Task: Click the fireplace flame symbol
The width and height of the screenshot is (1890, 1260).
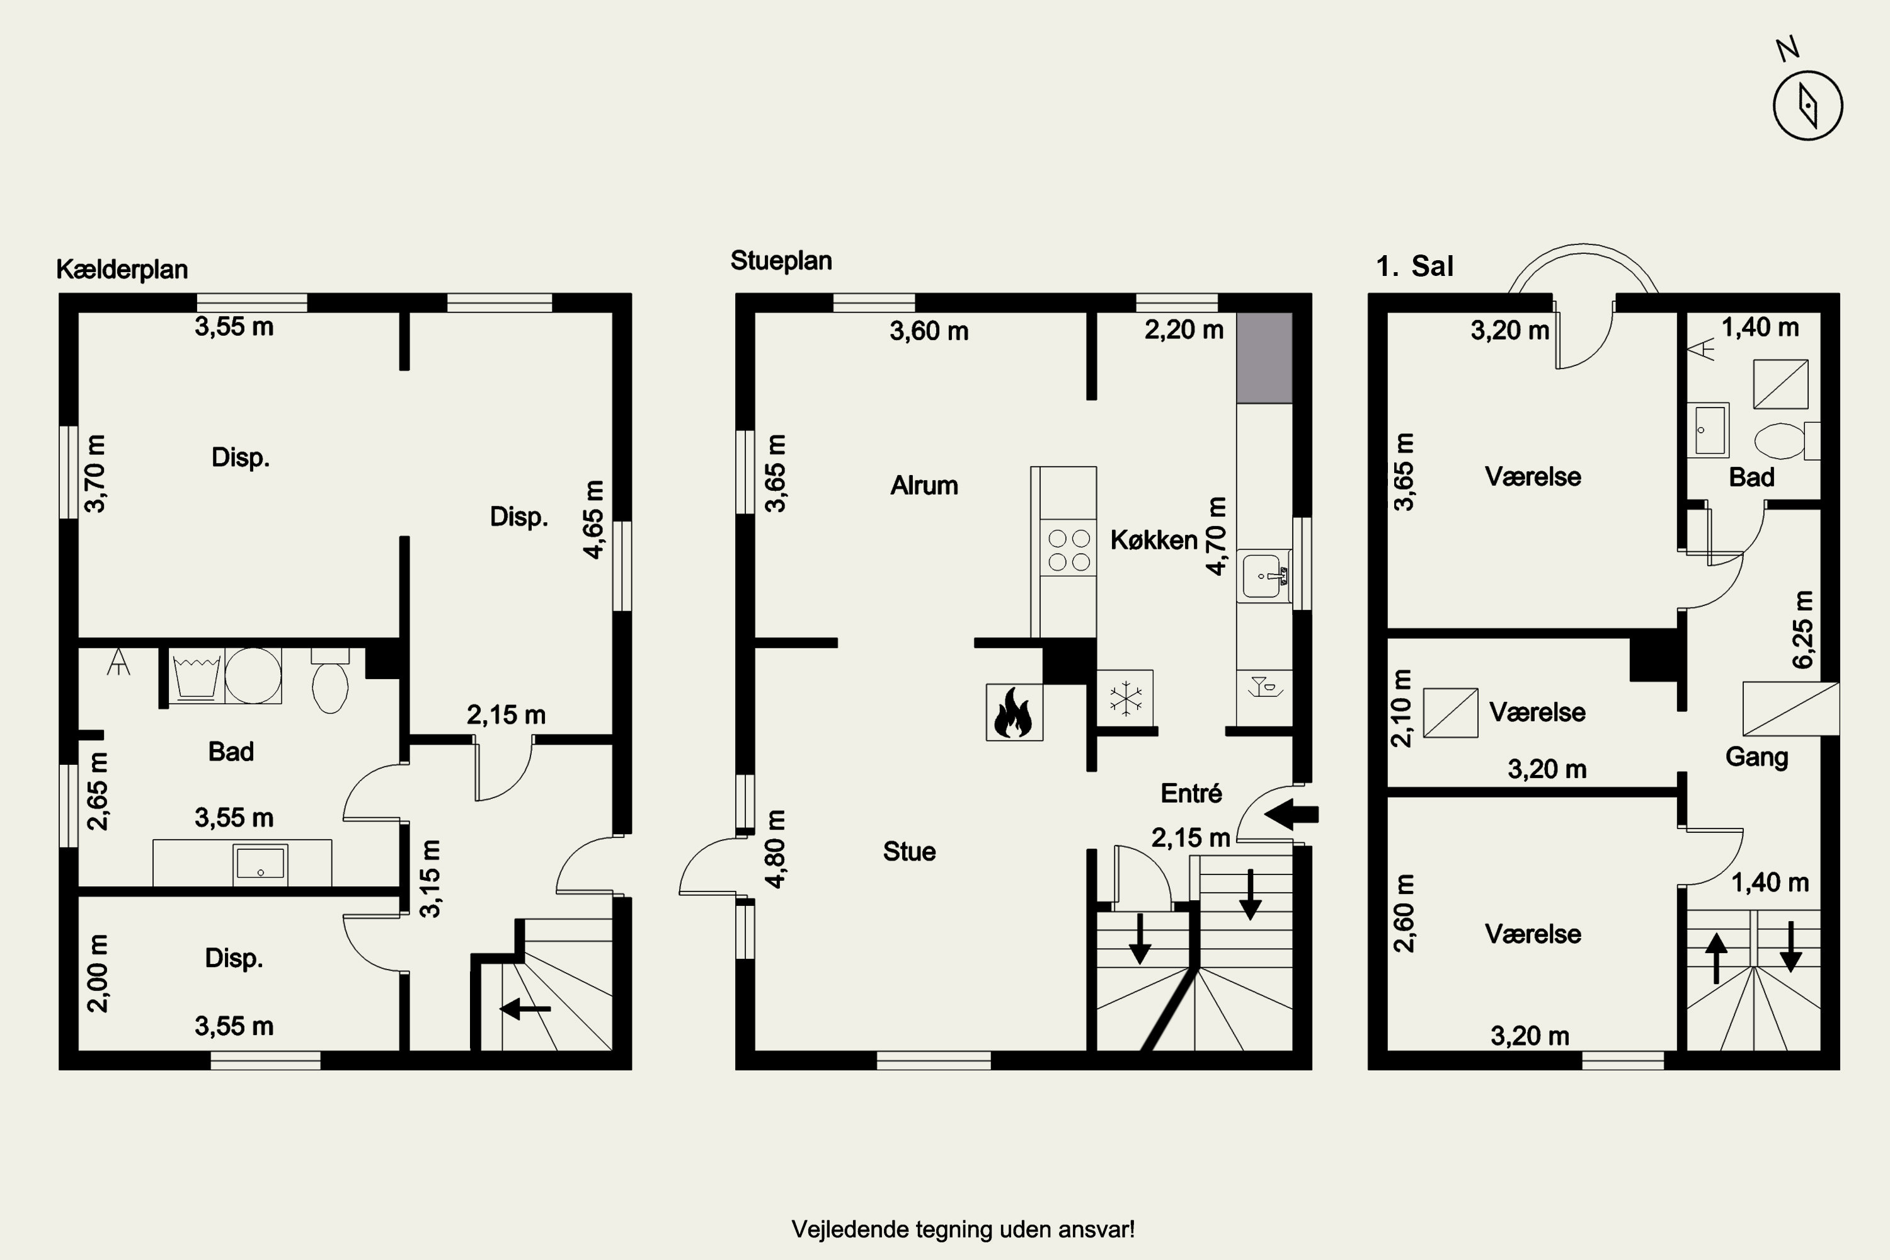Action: tap(1014, 712)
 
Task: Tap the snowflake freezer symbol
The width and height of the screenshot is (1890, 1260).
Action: tap(1126, 697)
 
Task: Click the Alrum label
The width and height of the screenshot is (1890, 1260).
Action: tap(924, 485)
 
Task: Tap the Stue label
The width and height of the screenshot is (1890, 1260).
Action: tap(909, 851)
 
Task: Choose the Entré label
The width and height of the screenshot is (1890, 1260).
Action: tap(1191, 793)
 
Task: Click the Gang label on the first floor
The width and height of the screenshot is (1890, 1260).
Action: tap(1756, 757)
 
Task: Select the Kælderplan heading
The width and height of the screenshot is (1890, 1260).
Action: tap(122, 269)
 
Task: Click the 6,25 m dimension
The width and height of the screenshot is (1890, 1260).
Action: tap(1802, 629)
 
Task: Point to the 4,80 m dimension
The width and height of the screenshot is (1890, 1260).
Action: tap(776, 849)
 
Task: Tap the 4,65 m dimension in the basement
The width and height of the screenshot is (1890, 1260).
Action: tap(593, 519)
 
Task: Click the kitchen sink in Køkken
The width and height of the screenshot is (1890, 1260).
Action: tap(1263, 575)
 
